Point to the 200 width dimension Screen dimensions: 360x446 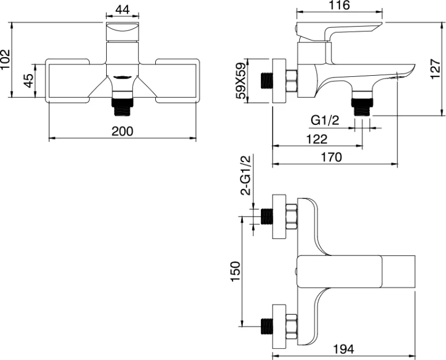tap(122, 131)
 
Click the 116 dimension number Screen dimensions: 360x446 tap(340, 5)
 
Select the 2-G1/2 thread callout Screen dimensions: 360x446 tap(246, 176)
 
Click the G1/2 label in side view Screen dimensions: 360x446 tap(325, 120)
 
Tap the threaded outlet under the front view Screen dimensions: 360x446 tap(123, 104)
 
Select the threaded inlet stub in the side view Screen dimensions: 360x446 tap(266, 80)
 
